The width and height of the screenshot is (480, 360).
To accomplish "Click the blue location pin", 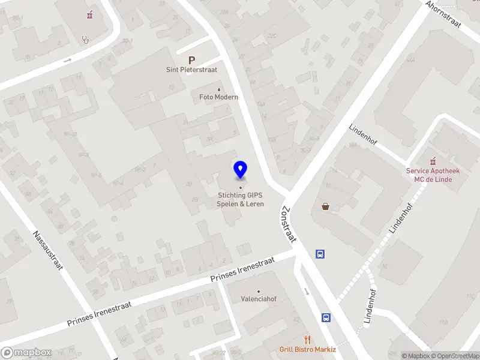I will pos(241,170).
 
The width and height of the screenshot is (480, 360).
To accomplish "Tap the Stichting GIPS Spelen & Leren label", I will pos(241,199).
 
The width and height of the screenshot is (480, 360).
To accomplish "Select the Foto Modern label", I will pos(219,97).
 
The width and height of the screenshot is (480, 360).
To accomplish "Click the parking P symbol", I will pos(191,60).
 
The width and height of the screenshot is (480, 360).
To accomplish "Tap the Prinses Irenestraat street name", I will pos(242,270).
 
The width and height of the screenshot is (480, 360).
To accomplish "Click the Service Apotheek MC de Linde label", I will pos(433,175).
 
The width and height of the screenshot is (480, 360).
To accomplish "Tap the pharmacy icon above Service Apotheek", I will pos(432,161).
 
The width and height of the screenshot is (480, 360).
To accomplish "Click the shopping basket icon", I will pos(325,206).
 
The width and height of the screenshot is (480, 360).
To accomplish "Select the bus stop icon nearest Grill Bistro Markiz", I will pos(326,317).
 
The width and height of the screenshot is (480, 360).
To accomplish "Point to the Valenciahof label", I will pos(259,298).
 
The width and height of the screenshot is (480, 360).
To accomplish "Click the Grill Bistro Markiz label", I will pos(308,350).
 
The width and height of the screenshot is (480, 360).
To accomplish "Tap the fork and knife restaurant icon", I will pos(308,340).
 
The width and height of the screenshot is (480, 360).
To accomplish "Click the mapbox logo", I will pos(26,353).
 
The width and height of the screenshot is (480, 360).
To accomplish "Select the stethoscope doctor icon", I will pos(86,40).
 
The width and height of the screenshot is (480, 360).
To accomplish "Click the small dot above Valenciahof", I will pos(259,291).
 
